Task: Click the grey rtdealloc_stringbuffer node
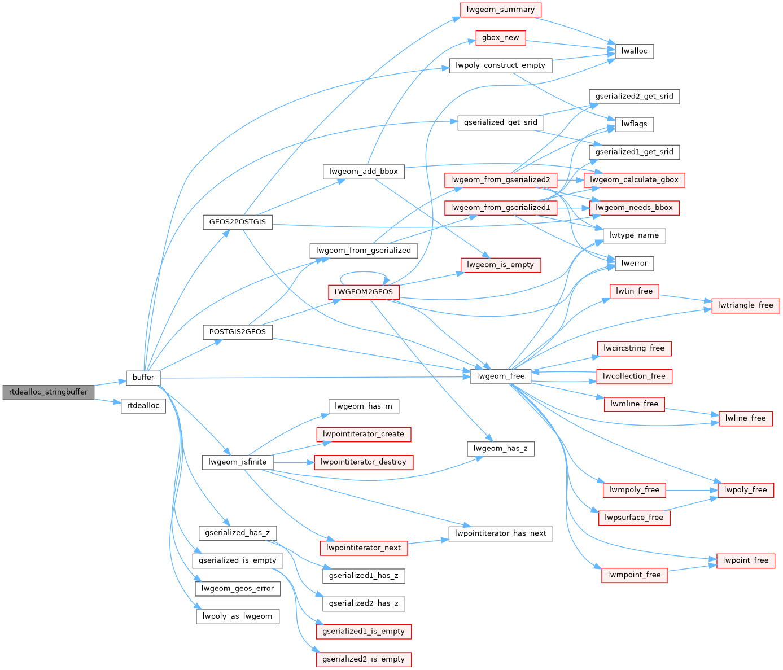pos(49,392)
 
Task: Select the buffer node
pos(143,378)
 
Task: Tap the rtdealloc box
pos(143,406)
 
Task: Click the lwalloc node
pos(634,51)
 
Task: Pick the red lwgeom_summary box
pos(501,10)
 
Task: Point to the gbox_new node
pos(501,38)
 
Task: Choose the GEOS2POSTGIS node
pos(237,222)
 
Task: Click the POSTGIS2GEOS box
pos(237,332)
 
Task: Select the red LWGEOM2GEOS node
pos(364,292)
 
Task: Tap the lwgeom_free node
pos(501,376)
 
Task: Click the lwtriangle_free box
pos(745,305)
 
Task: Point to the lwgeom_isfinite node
pos(237,462)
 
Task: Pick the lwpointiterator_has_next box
pos(501,533)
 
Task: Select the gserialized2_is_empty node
pos(364,659)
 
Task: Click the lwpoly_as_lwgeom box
pos(237,616)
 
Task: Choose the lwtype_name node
pos(634,236)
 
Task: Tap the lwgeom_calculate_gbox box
pos(634,180)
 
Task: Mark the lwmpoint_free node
pos(634,575)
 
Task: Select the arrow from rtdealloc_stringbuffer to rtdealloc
pos(107,401)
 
